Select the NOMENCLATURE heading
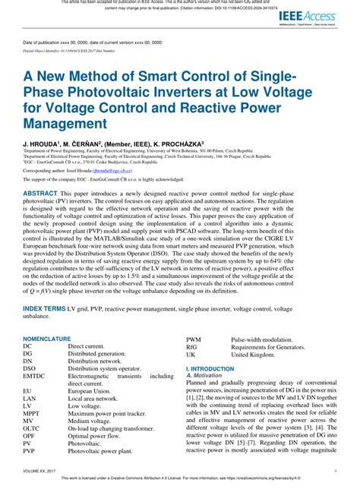[47, 338]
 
